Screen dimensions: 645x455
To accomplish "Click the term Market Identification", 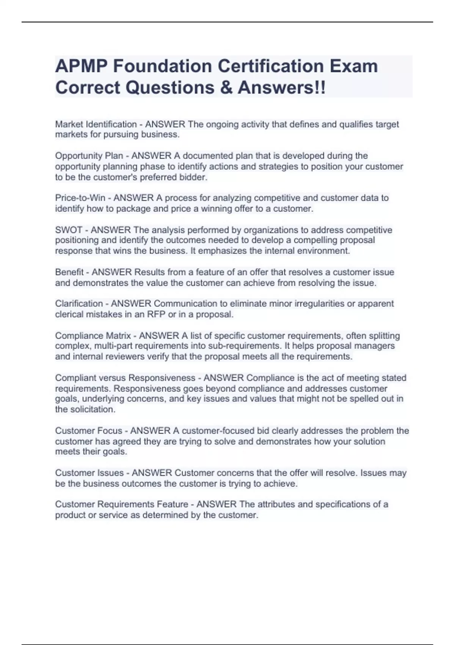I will pos(96,124).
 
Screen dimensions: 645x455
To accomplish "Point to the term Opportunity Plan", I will pos(89,156).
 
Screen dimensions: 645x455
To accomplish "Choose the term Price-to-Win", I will pos(80,198).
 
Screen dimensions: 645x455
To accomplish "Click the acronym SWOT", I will pos(69,230).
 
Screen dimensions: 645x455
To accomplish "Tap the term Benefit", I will pos(69,272).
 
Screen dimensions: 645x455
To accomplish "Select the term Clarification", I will pos(79,304).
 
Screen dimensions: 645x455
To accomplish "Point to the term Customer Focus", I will pos(89,431).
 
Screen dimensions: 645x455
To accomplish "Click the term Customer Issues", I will pos(89,473).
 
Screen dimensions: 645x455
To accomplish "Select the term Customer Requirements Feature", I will pos(122,504).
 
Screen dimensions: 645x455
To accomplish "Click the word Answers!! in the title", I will pos(281,88).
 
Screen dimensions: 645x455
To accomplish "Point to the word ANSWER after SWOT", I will pos(111,230).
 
